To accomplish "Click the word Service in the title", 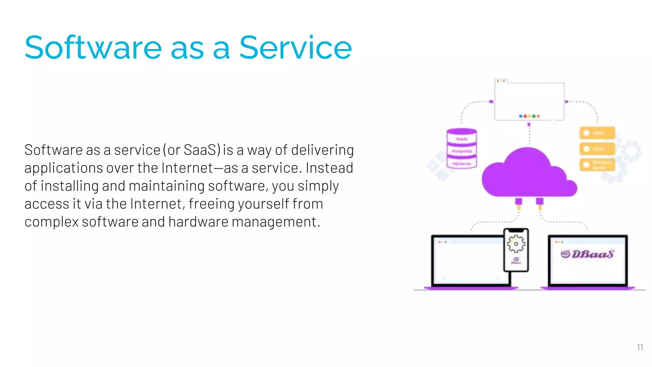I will tap(295, 48).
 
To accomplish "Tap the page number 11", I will tap(640, 347).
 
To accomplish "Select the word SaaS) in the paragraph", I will tap(202, 150).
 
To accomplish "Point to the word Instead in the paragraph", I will tap(329, 168).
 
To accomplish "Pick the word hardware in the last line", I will tap(198, 222).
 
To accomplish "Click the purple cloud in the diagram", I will tap(528, 175).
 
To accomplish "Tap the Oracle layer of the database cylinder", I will tap(462, 139).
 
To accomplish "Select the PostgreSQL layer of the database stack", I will tap(462, 151).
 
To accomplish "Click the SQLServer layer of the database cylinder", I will tap(462, 163).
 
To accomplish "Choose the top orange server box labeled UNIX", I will tap(597, 133).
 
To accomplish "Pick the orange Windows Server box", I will tap(597, 165).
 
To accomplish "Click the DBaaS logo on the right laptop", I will tap(587, 254).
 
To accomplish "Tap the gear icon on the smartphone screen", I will tap(516, 244).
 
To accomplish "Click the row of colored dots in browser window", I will tap(529, 116).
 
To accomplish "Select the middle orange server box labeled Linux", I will tap(597, 149).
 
